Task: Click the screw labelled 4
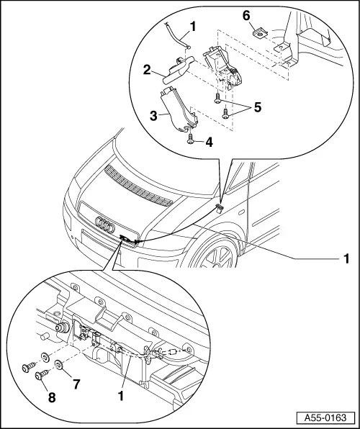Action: click(x=191, y=139)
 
